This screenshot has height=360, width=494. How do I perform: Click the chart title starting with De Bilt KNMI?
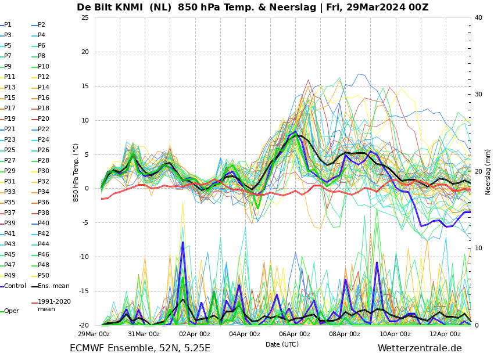click(x=252, y=8)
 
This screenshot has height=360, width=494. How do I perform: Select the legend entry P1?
click(x=8, y=25)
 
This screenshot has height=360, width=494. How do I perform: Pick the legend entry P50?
click(x=44, y=275)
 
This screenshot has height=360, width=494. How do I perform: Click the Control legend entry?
click(x=15, y=286)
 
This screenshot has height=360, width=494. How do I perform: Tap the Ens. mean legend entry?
click(x=53, y=286)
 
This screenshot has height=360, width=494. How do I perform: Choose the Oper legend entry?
click(x=12, y=311)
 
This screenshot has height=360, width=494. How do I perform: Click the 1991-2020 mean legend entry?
click(x=54, y=305)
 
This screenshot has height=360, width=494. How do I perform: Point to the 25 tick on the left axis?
click(x=85, y=17)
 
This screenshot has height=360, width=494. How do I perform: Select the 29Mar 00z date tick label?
click(x=94, y=334)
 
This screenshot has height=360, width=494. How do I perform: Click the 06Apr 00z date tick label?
click(x=295, y=334)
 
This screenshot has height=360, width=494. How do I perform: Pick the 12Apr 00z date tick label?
click(x=445, y=334)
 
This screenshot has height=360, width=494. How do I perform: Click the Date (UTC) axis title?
click(x=282, y=344)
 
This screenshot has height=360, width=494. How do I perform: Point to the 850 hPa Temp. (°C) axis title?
click(x=76, y=171)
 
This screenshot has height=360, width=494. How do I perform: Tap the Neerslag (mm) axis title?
click(x=488, y=171)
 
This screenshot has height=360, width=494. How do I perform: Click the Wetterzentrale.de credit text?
click(x=420, y=348)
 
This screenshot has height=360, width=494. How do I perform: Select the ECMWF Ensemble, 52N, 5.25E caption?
click(x=140, y=348)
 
